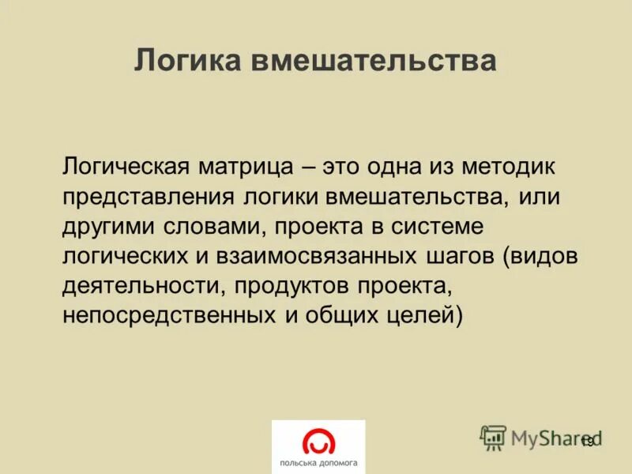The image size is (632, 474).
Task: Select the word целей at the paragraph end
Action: click(x=423, y=315)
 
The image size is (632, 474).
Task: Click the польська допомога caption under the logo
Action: click(x=318, y=462)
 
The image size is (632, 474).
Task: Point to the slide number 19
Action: click(x=587, y=442)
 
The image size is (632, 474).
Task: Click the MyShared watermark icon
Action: click(x=493, y=437)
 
